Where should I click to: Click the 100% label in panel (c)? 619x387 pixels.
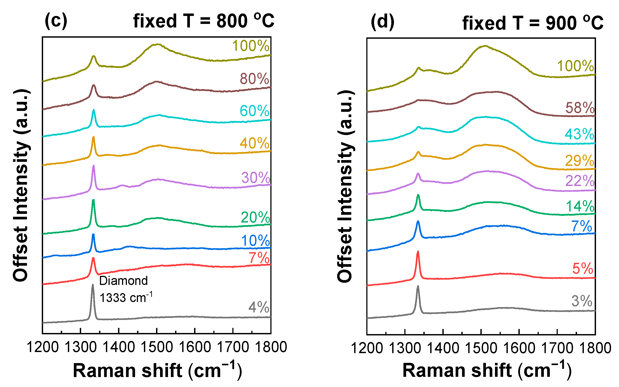pos(250,46)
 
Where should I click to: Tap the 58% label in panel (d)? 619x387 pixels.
pos(580,108)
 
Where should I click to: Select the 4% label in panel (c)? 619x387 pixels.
pos(259,307)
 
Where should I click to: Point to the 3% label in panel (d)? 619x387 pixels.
pos(582,301)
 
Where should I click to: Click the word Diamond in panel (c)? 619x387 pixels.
pos(123,281)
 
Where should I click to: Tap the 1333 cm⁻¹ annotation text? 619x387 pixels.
pos(126,297)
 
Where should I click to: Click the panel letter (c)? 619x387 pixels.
pos(56,21)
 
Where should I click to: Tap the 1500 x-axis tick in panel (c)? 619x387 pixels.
pos(157,347)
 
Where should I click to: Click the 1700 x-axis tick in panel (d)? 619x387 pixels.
pos(557,348)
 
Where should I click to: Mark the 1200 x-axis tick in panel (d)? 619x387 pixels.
pos(367,348)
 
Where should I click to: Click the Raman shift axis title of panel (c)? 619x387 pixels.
pos(157,370)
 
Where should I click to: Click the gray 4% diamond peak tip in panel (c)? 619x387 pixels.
pos(92,285)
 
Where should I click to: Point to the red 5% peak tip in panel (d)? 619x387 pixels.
pos(418,252)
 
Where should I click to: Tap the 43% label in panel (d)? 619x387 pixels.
pos(579,134)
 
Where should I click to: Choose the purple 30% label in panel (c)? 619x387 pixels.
pos(256,178)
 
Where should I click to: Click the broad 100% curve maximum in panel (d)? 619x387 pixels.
pos(485,46)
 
